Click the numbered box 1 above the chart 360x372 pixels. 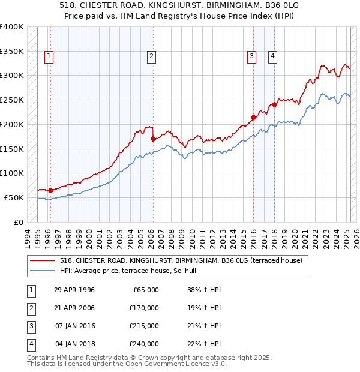tap(49, 56)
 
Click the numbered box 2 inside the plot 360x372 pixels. tap(151, 56)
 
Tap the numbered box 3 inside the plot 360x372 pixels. tap(251, 56)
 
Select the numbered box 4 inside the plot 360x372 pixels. tap(272, 56)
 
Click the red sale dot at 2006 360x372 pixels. tap(153, 139)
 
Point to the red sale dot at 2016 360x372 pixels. tap(253, 117)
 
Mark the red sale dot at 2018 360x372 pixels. tap(274, 104)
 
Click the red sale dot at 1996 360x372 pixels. tap(50, 190)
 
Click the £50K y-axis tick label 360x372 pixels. tap(14, 197)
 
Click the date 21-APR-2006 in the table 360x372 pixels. tap(74, 308)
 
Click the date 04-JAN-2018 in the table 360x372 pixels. tap(74, 344)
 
